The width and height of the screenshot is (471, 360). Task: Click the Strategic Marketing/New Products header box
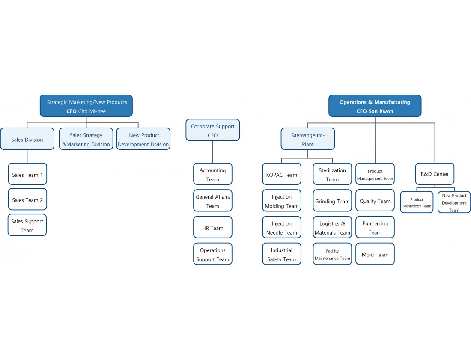(86, 106)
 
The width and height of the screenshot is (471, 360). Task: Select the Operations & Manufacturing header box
(375, 106)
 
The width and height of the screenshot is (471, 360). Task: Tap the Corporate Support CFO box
(213, 130)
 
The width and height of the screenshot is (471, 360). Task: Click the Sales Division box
(27, 139)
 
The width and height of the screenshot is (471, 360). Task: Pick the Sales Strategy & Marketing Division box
(86, 139)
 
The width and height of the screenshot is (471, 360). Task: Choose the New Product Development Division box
(143, 139)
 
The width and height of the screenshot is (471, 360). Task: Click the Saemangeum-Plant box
(308, 139)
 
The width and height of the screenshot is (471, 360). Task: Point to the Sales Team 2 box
(27, 199)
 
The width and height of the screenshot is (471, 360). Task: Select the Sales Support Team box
(27, 225)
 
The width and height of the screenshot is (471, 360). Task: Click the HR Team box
(213, 227)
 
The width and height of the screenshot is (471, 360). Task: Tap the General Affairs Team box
(213, 201)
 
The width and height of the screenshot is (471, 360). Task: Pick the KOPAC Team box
(282, 174)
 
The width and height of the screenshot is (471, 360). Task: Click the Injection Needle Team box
(282, 227)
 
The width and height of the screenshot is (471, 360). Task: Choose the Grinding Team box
(332, 201)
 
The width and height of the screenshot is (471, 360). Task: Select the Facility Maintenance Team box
(332, 254)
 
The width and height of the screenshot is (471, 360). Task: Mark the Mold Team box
(375, 254)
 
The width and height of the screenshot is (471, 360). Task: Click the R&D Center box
(435, 174)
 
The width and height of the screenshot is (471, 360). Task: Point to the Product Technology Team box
(417, 202)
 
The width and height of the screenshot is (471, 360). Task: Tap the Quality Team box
(375, 201)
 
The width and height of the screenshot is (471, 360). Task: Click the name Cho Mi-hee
(92, 111)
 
